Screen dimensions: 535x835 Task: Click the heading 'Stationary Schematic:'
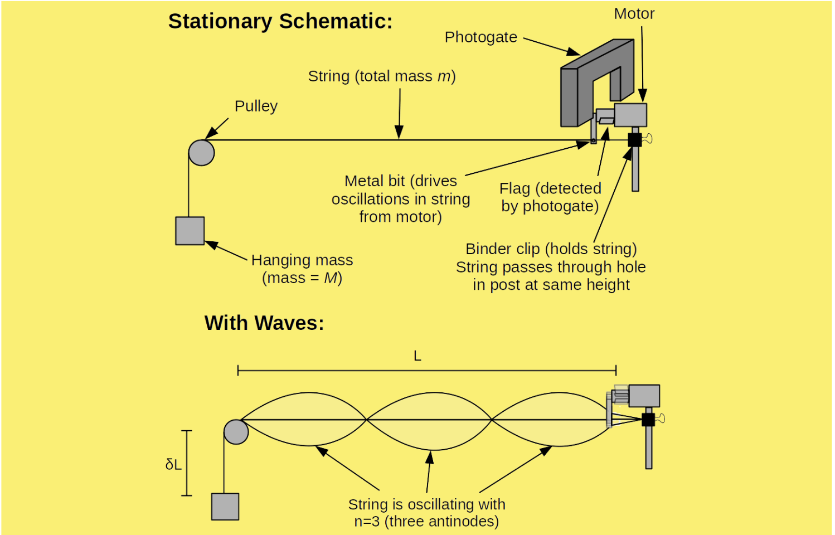point(280,21)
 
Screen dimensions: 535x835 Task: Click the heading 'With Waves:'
point(264,323)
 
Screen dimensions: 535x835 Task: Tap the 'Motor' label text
point(634,14)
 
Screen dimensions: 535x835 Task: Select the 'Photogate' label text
point(480,37)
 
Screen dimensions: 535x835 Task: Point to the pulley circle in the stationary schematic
point(201,153)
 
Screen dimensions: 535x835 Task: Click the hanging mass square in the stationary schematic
point(190,231)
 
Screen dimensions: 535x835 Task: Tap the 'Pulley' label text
point(256,106)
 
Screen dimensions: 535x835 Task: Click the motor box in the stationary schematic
point(630,115)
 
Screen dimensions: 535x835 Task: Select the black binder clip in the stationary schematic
point(634,139)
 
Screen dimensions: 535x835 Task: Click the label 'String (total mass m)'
point(382,76)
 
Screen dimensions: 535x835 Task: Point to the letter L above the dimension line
point(417,356)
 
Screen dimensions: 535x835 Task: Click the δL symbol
point(173,464)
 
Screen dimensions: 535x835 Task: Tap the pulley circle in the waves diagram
point(236,432)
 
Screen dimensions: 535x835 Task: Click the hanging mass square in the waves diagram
point(225,507)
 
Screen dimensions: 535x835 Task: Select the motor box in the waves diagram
point(644,396)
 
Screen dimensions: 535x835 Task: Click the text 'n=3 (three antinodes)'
point(426,522)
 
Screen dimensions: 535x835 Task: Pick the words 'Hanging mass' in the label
point(302,260)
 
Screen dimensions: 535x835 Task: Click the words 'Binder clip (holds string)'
point(551,249)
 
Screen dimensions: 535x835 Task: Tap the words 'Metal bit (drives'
point(400,181)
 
